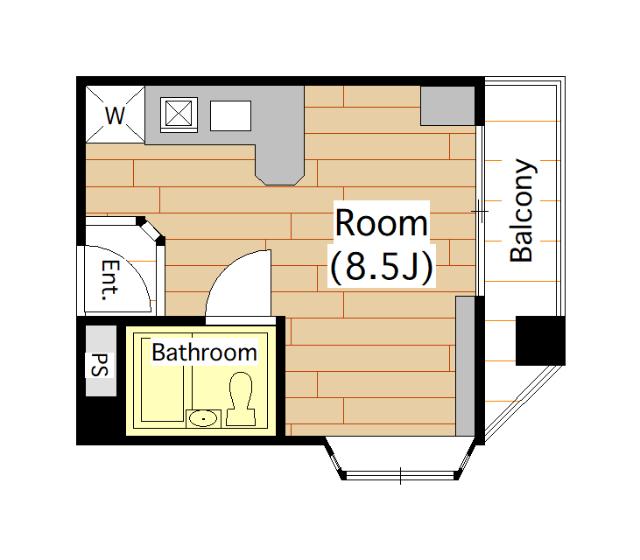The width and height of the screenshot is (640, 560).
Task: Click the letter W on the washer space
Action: point(115,116)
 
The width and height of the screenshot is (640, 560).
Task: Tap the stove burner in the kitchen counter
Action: point(179,114)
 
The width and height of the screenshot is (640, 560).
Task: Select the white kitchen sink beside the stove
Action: point(230,116)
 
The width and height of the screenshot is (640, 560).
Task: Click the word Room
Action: point(381,223)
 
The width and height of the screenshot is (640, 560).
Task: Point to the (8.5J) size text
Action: point(381,267)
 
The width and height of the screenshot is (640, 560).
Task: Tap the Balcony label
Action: point(522,210)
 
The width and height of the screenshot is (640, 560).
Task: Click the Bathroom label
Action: point(204,352)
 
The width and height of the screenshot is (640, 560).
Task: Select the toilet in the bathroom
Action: point(241,400)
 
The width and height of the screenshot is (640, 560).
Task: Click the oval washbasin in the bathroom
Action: point(203,418)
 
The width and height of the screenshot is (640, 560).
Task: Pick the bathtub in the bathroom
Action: point(163,380)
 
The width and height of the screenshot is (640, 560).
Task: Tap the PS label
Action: point(100,364)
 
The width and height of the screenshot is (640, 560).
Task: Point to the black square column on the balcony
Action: point(540,340)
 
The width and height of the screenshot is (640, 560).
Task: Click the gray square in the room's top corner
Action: point(448,106)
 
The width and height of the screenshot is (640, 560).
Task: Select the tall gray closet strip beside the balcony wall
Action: point(465,366)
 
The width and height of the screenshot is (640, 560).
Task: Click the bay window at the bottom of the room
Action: point(400,459)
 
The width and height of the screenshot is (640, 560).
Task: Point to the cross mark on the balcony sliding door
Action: point(480,211)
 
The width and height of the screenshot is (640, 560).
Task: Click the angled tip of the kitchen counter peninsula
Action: point(280,180)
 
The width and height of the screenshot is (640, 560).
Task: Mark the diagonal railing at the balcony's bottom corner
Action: point(525,403)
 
